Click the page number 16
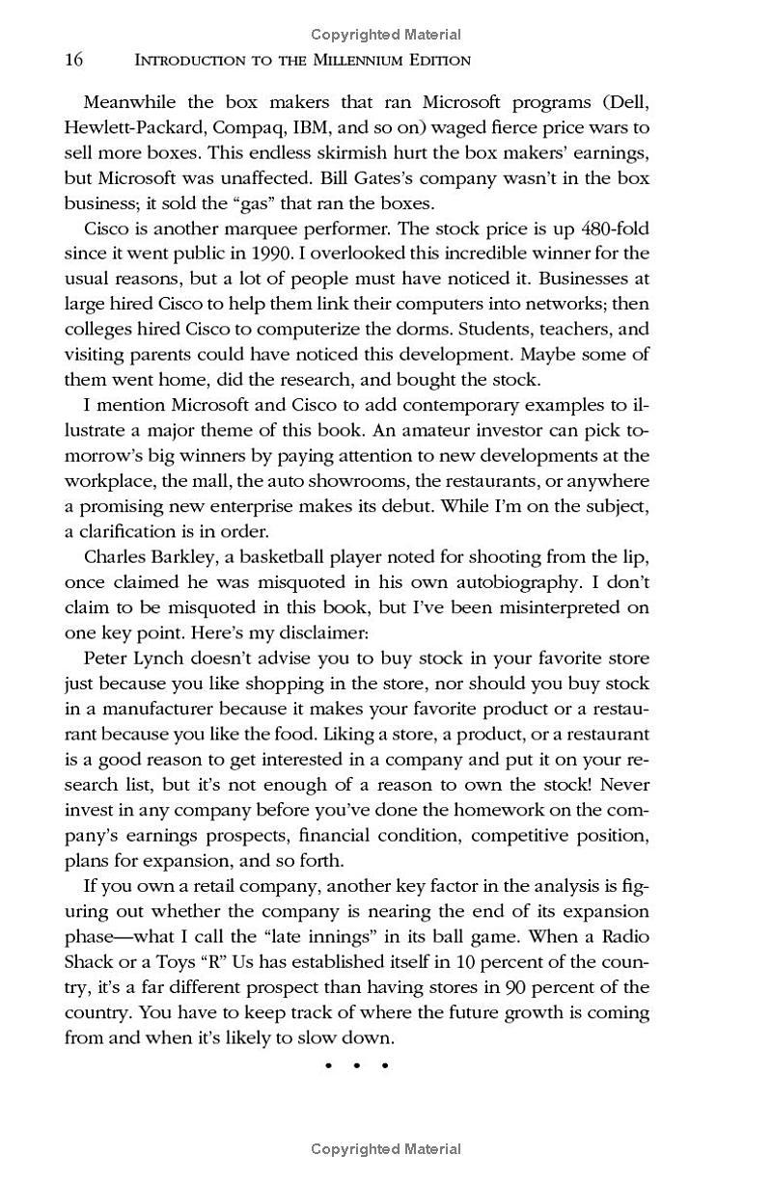tap(74, 60)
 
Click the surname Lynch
tap(158, 658)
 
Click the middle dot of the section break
tap(357, 1065)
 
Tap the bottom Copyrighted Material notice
tap(386, 1149)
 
